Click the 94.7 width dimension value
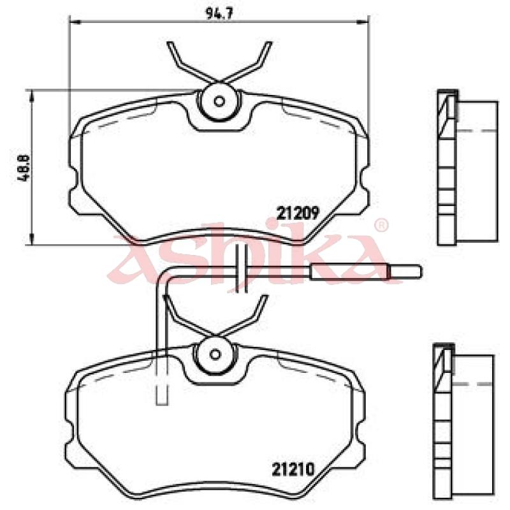tap(219, 13)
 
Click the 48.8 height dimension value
tap(24, 168)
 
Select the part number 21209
tap(298, 214)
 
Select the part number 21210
tap(293, 469)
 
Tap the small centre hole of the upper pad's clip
tap(219, 101)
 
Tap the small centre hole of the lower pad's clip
tap(215, 354)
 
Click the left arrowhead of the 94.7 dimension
tap(75, 22)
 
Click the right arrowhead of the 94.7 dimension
tap(363, 22)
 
